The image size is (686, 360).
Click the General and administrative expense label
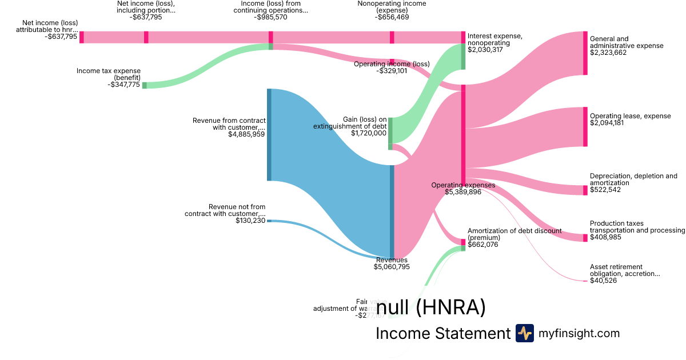click(x=627, y=42)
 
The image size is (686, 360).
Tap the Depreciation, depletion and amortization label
click(x=633, y=179)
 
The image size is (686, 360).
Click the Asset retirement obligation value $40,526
click(x=603, y=281)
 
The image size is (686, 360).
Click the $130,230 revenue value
click(x=250, y=221)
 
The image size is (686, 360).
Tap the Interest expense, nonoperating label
click(x=494, y=39)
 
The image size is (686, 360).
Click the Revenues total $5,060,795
click(x=392, y=267)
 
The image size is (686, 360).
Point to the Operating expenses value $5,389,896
click(x=463, y=192)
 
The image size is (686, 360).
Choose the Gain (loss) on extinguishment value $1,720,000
click(x=369, y=133)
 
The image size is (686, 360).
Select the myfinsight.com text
click(x=579, y=333)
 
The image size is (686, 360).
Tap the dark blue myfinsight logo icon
click(x=524, y=333)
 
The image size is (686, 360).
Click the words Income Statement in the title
click(x=442, y=334)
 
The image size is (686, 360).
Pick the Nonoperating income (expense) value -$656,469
click(x=392, y=17)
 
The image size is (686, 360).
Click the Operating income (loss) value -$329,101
click(x=392, y=71)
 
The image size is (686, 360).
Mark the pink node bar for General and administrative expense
click(x=585, y=53)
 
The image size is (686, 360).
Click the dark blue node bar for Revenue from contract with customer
click(x=269, y=135)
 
